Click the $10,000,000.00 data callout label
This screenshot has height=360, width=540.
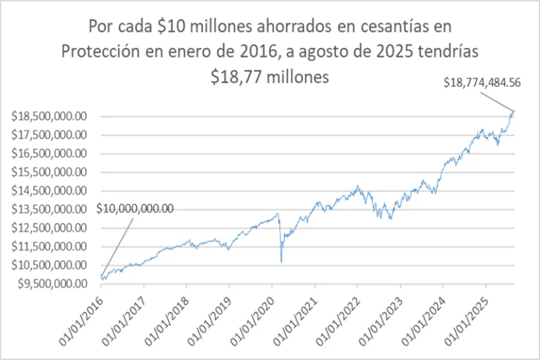134,208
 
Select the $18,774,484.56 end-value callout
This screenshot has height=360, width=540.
482,82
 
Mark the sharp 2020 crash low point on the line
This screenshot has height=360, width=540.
281,262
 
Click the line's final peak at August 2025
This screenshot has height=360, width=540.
514,110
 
